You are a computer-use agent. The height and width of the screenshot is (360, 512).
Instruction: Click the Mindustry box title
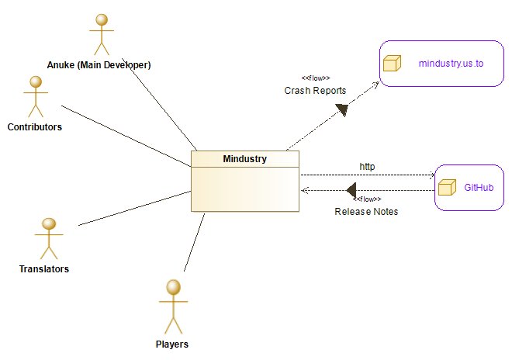(x=245, y=159)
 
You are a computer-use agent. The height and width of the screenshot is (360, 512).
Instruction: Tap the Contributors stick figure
(x=34, y=96)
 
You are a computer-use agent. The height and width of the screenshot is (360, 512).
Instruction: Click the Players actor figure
(x=172, y=306)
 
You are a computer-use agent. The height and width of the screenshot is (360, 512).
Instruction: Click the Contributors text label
(x=34, y=126)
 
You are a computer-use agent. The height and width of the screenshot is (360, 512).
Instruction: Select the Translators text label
(x=44, y=269)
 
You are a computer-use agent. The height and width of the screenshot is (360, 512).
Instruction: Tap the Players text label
(x=171, y=344)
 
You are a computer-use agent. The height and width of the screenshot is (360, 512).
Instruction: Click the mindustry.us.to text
(x=451, y=63)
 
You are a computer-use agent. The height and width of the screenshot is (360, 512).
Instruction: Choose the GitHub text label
(x=478, y=188)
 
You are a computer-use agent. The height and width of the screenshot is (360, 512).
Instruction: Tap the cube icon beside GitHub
(x=446, y=188)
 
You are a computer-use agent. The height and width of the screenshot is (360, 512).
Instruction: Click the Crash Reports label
(x=315, y=91)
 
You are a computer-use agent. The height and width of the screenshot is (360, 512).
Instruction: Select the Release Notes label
(x=366, y=212)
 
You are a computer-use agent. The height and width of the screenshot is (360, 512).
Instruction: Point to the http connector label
(x=367, y=166)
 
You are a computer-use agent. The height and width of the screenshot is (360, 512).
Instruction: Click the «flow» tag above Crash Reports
(x=315, y=78)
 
